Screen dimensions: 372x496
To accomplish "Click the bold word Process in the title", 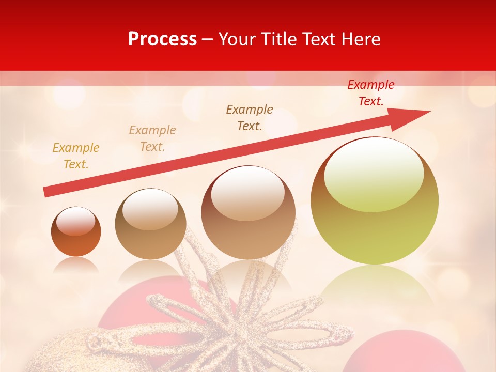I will click(x=162, y=39).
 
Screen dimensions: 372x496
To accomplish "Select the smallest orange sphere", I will click(x=76, y=232).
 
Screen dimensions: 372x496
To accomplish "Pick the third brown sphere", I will click(x=249, y=212).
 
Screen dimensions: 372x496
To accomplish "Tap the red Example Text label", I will click(x=370, y=93).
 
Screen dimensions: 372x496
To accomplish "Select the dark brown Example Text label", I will click(x=250, y=117).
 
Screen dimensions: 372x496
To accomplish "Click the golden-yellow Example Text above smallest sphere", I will click(x=76, y=156).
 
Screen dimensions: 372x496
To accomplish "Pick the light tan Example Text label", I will click(x=152, y=138).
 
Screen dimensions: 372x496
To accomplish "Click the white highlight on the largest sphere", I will click(x=374, y=173).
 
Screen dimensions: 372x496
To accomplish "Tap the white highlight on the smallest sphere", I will click(x=76, y=222).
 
